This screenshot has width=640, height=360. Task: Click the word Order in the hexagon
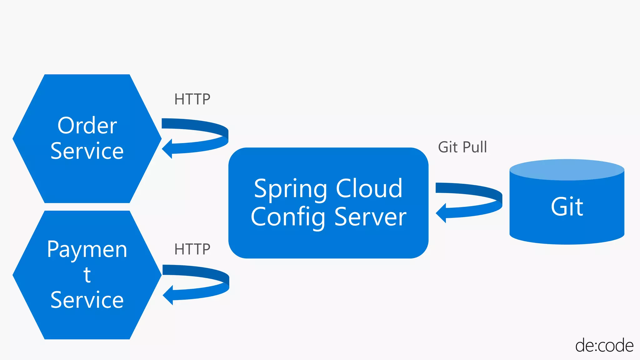[x=87, y=126]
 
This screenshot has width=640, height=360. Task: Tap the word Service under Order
[x=87, y=151]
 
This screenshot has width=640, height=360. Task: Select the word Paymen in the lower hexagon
[x=87, y=250]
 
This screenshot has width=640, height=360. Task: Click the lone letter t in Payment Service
[x=87, y=275]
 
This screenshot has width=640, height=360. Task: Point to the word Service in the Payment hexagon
[x=87, y=300]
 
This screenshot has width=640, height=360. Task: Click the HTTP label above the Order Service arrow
[x=192, y=99]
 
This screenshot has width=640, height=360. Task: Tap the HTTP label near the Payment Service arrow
[x=192, y=249]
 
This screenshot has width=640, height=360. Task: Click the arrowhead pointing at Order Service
[x=167, y=148]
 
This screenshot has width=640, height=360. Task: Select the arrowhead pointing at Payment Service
[x=168, y=295]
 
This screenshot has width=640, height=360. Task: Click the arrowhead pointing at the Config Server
[x=441, y=213]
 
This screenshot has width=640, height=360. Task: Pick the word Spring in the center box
[x=291, y=189]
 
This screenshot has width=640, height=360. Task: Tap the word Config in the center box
[x=288, y=217]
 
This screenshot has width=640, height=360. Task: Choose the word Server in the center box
[x=370, y=217]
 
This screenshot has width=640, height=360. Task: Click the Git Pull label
[x=462, y=147]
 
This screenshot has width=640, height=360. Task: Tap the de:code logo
[x=604, y=346]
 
